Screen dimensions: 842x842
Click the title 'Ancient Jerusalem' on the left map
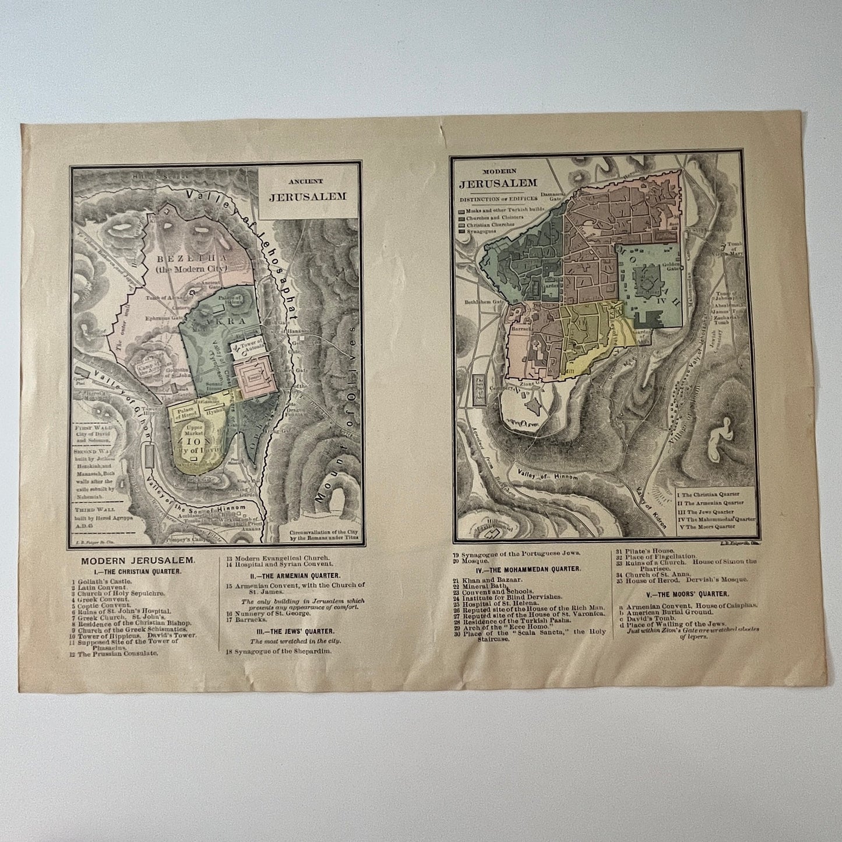click(x=307, y=190)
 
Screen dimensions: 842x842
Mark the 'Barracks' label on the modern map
click(x=520, y=329)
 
